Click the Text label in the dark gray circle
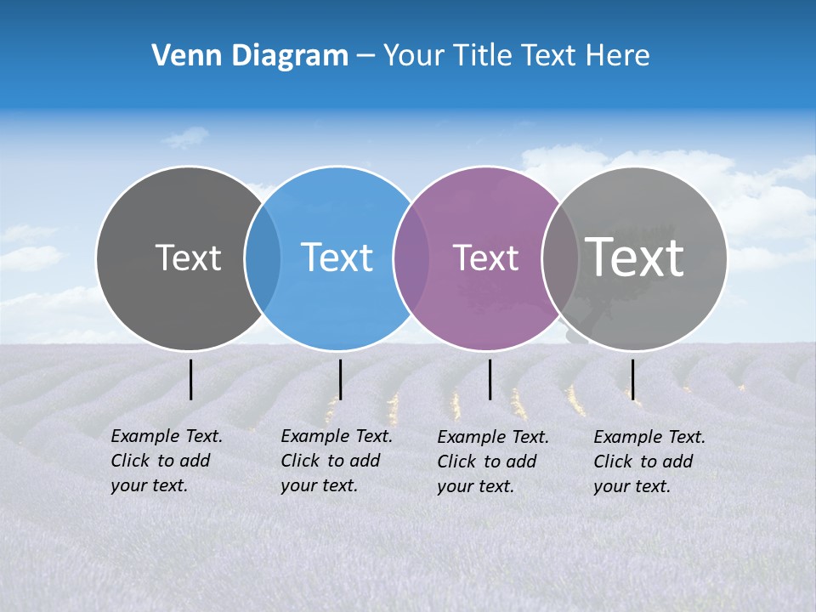[188, 258]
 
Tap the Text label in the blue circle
[337, 258]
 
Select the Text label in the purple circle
[486, 258]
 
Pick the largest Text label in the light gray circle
[635, 257]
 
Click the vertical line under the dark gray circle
[190, 379]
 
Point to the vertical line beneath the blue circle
[340, 379]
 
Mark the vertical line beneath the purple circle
[490, 379]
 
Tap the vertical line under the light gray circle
[632, 379]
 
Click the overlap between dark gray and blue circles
[263, 258]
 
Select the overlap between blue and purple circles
[411, 258]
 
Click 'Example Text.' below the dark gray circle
[167, 436]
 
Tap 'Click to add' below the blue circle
[330, 461]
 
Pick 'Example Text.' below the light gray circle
[649, 437]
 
